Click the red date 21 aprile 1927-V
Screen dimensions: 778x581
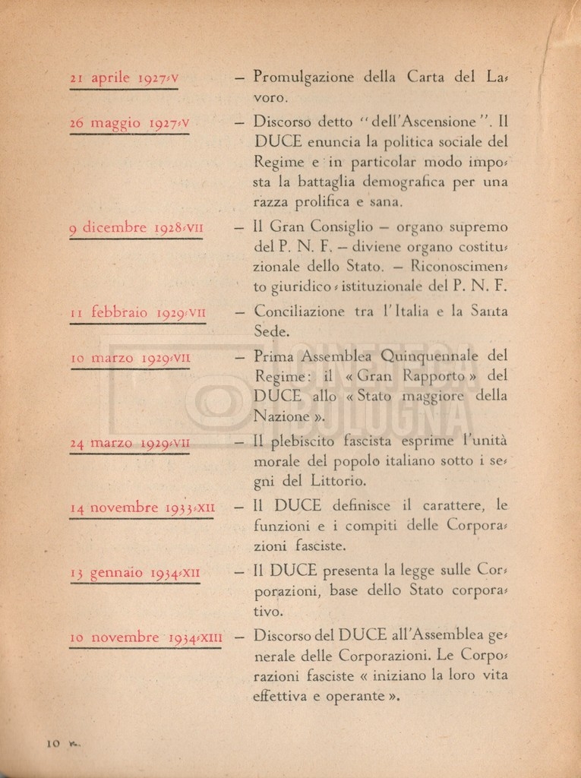click(124, 77)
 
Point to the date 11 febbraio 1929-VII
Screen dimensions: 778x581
click(137, 312)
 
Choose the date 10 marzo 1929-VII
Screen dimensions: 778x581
click(130, 357)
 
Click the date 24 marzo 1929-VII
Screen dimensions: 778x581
click(130, 442)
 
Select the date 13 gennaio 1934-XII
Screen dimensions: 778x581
click(134, 572)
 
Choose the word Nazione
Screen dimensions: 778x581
click(280, 416)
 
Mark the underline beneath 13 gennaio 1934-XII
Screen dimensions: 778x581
click(134, 583)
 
